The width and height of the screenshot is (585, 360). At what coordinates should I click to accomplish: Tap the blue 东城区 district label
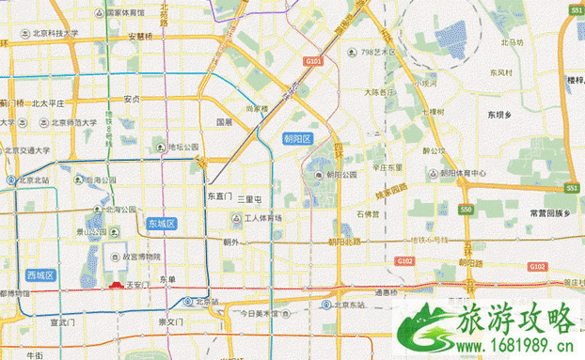(x=162, y=223)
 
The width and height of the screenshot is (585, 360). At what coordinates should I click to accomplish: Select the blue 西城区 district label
(x=40, y=275)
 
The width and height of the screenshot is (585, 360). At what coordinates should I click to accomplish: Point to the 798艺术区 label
(x=379, y=53)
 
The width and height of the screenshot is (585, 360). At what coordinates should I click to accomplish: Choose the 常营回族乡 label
(x=550, y=212)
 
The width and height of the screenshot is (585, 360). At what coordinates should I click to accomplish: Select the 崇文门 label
(x=176, y=321)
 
